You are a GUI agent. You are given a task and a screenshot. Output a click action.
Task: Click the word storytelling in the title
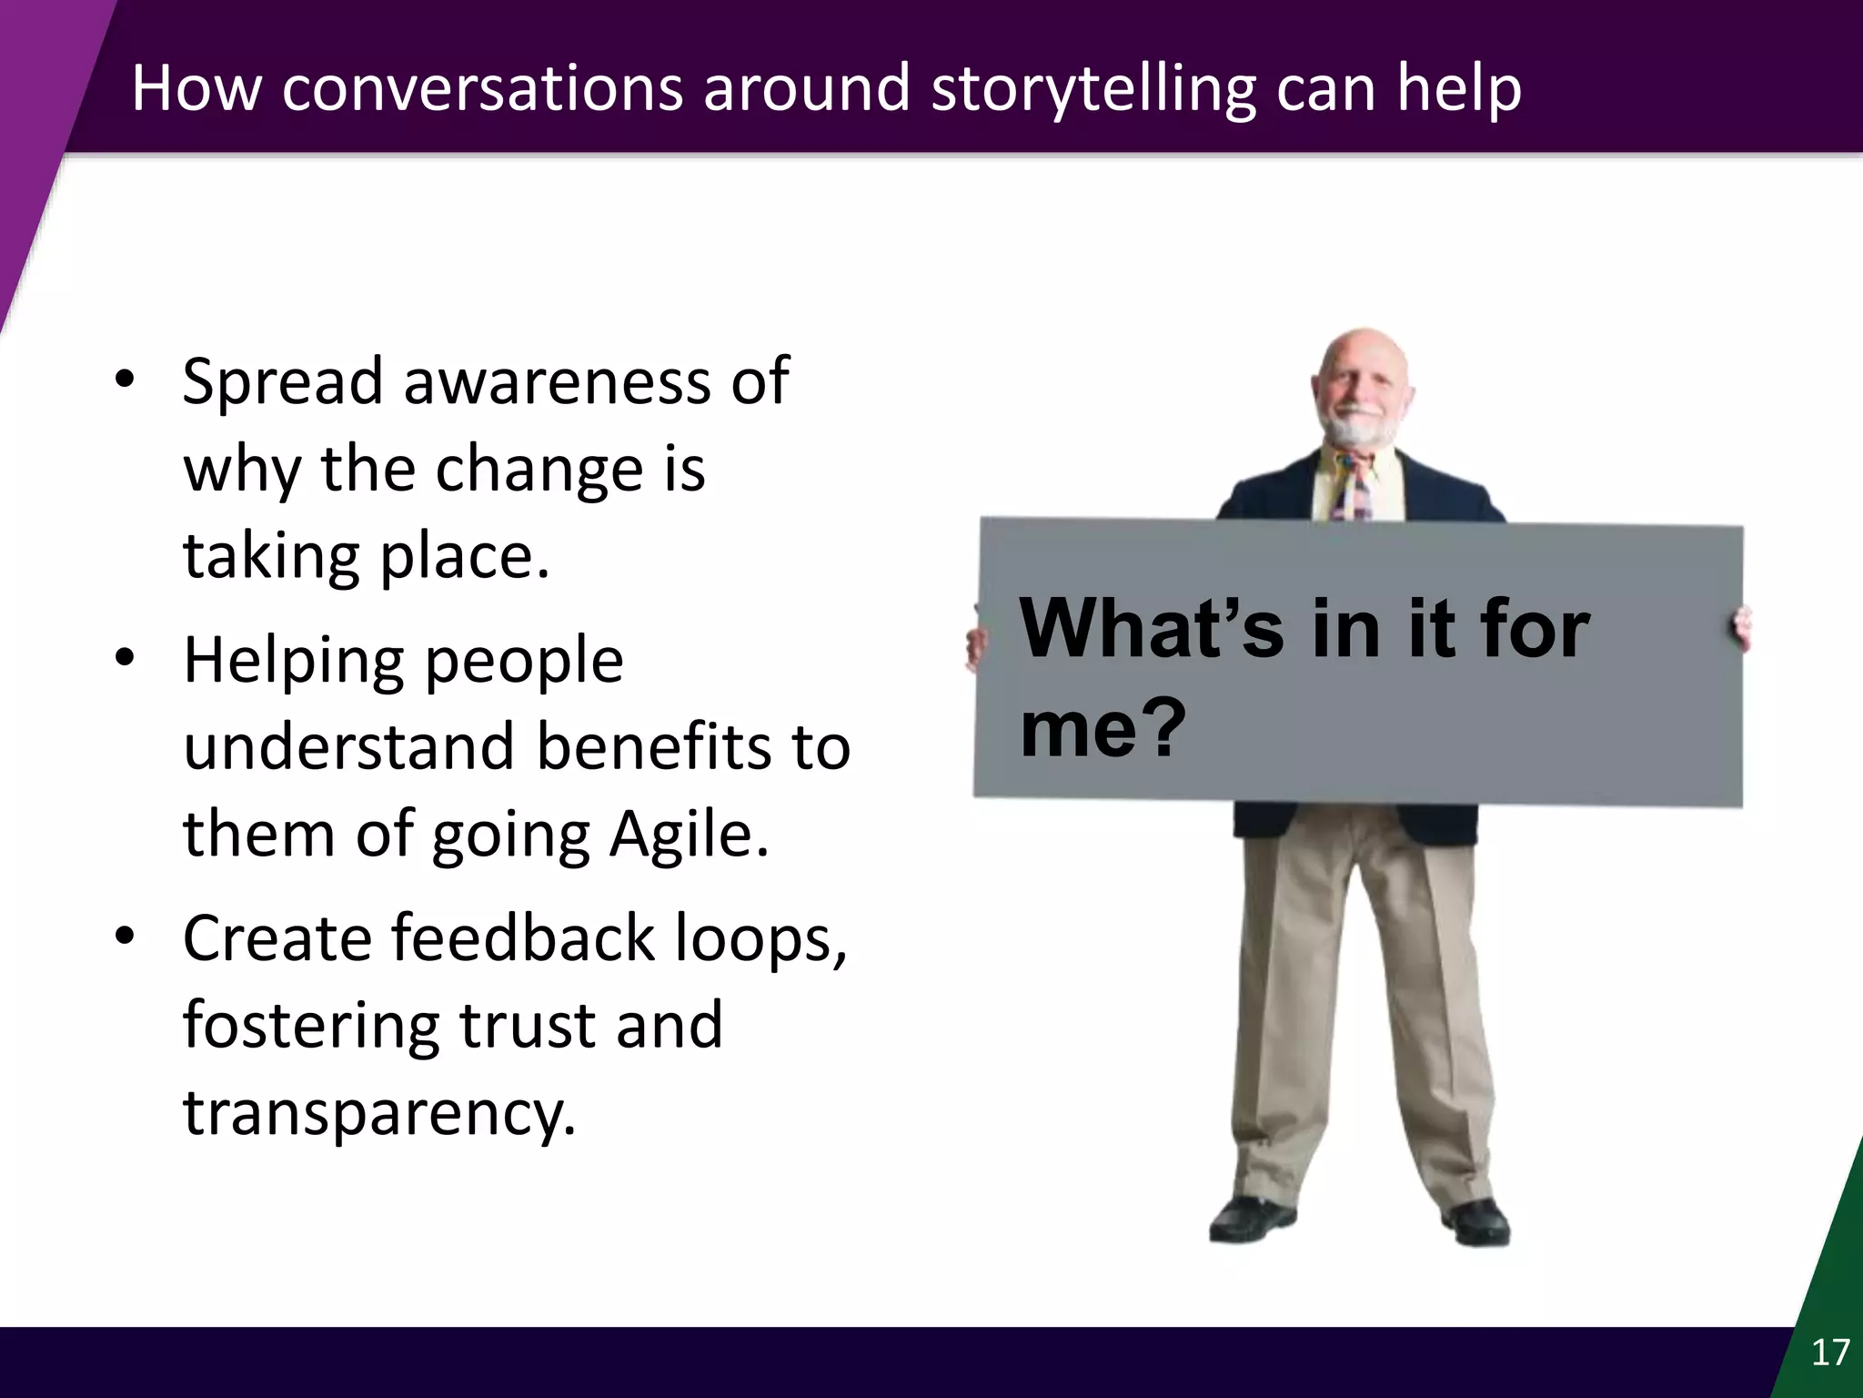[x=1091, y=89]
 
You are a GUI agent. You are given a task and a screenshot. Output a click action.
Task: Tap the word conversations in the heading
[x=481, y=89]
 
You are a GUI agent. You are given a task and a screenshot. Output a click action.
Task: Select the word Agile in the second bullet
[x=689, y=834]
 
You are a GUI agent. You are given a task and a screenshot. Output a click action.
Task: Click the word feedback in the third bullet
[x=523, y=937]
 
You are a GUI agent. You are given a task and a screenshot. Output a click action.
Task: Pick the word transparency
[x=379, y=1112]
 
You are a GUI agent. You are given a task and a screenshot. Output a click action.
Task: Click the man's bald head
[x=1362, y=350]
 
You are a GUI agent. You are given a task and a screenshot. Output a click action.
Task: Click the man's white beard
[x=1362, y=430]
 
